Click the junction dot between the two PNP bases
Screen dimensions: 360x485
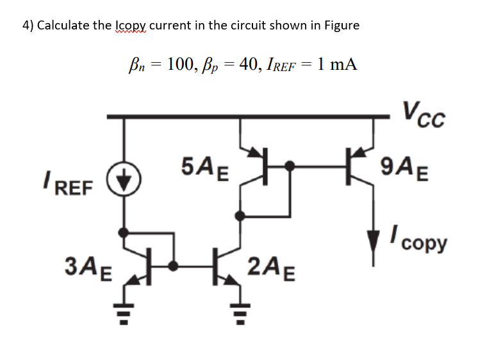290,167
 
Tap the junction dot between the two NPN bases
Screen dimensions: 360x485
172,264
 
